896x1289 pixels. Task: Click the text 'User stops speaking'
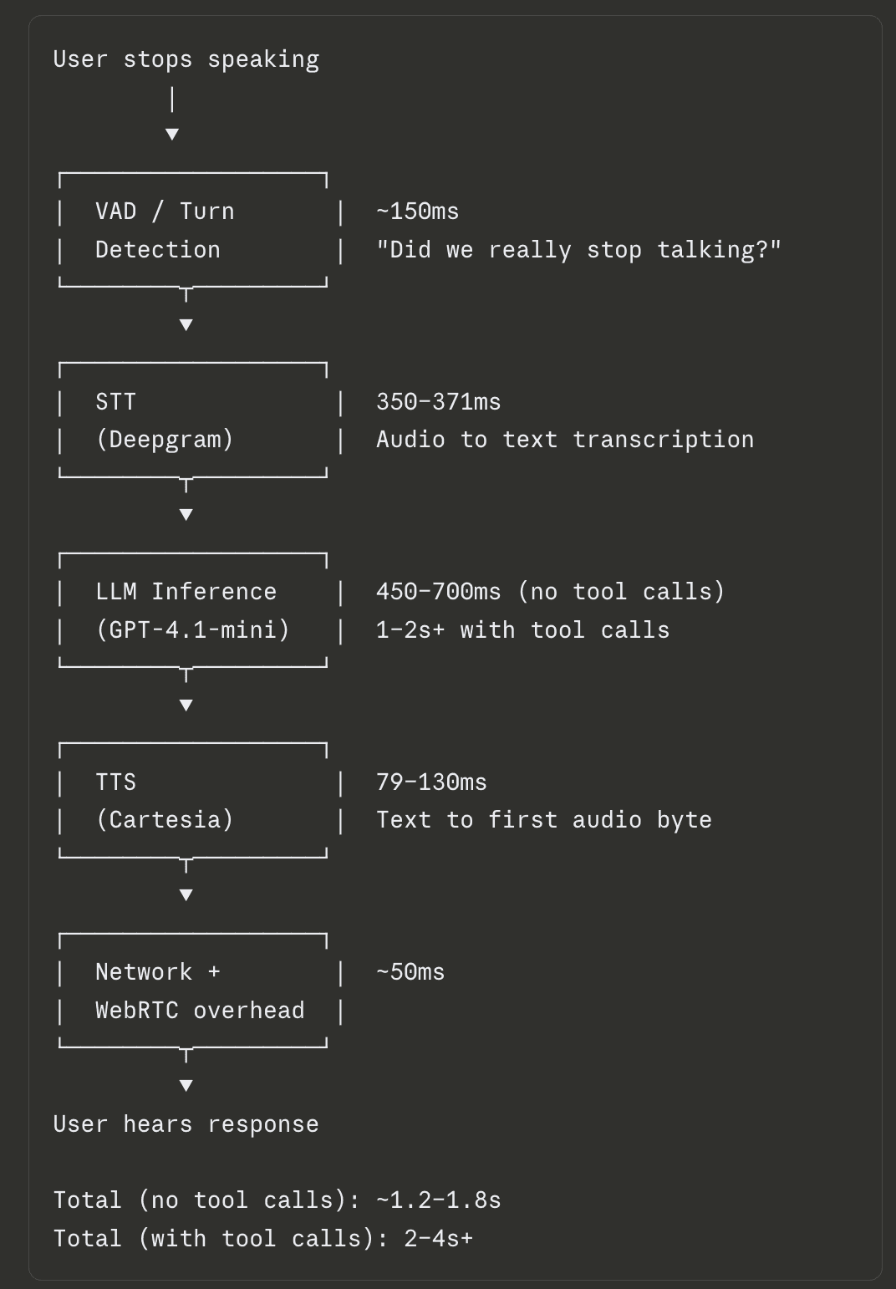[x=186, y=59]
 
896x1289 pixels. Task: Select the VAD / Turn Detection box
[x=192, y=231]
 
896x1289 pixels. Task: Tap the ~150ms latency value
[x=417, y=211]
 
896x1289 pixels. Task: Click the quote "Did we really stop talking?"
[x=578, y=250]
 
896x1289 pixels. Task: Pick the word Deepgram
[x=165, y=440]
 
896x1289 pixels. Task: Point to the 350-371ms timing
[x=438, y=402]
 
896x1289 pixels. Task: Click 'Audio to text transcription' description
[x=565, y=440]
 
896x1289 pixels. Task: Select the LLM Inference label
[x=186, y=592]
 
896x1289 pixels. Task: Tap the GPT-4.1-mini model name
[x=193, y=629]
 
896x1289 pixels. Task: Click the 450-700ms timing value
[x=438, y=592]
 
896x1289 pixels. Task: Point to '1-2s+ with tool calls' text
[x=522, y=629]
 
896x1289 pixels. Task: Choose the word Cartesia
[x=165, y=819]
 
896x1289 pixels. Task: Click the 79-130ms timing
[x=431, y=782]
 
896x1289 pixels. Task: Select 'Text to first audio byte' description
[x=543, y=819]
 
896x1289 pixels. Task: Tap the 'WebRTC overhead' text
[x=200, y=1010]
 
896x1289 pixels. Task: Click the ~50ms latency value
[x=410, y=972]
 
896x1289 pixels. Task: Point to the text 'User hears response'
[x=186, y=1124]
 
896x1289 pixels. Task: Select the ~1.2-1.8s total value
[x=438, y=1200]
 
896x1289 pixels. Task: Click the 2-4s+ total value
[x=438, y=1238]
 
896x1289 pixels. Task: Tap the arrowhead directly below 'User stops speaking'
[x=172, y=134]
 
